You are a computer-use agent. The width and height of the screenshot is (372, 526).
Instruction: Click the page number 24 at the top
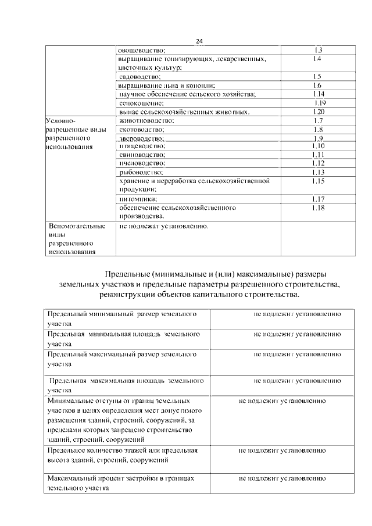pos(199,41)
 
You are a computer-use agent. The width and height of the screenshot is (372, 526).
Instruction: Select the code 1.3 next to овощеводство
pos(317,50)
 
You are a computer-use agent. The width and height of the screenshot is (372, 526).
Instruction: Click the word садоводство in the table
pos(139,76)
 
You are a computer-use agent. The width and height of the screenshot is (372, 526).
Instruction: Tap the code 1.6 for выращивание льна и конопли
pos(317,85)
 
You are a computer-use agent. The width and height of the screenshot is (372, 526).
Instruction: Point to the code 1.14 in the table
pos(317,94)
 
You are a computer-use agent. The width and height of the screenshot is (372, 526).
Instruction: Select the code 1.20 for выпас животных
pos(317,112)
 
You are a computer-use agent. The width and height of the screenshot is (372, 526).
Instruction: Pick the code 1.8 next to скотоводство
pos(317,129)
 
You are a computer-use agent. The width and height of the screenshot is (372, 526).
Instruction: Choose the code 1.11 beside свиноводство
pos(317,155)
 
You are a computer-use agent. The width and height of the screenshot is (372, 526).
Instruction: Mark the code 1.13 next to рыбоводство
pos(317,172)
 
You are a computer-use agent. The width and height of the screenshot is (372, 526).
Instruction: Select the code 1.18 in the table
pos(317,207)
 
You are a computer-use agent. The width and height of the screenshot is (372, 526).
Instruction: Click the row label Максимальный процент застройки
pos(120,478)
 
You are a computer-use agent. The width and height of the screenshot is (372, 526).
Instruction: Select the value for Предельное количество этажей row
pos(281,450)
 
